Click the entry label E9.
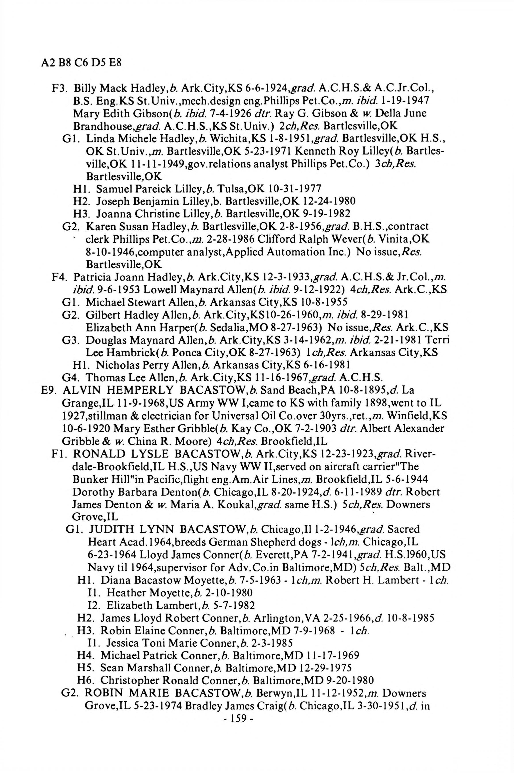tap(46, 390)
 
